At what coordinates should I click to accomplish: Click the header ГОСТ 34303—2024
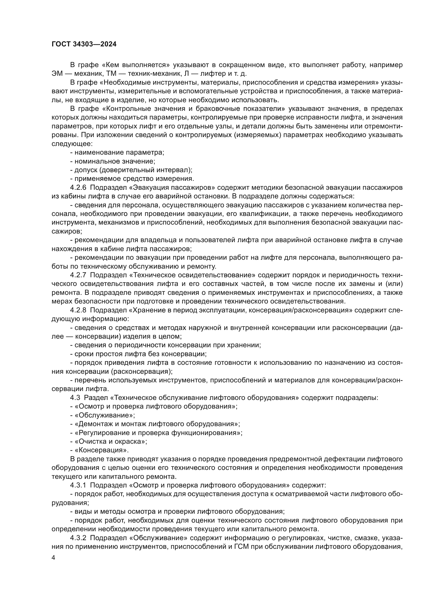pyautogui.click(x=84, y=44)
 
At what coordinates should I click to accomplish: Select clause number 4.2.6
pyautogui.click(x=78, y=187)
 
